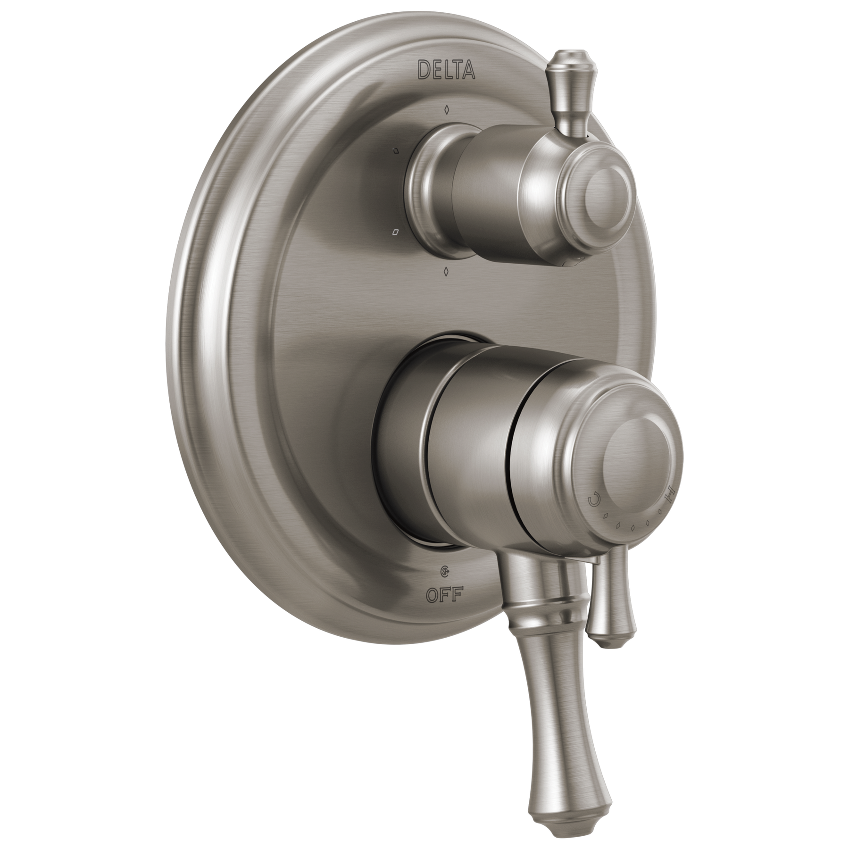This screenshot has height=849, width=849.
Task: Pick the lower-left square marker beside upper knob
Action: (395, 232)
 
